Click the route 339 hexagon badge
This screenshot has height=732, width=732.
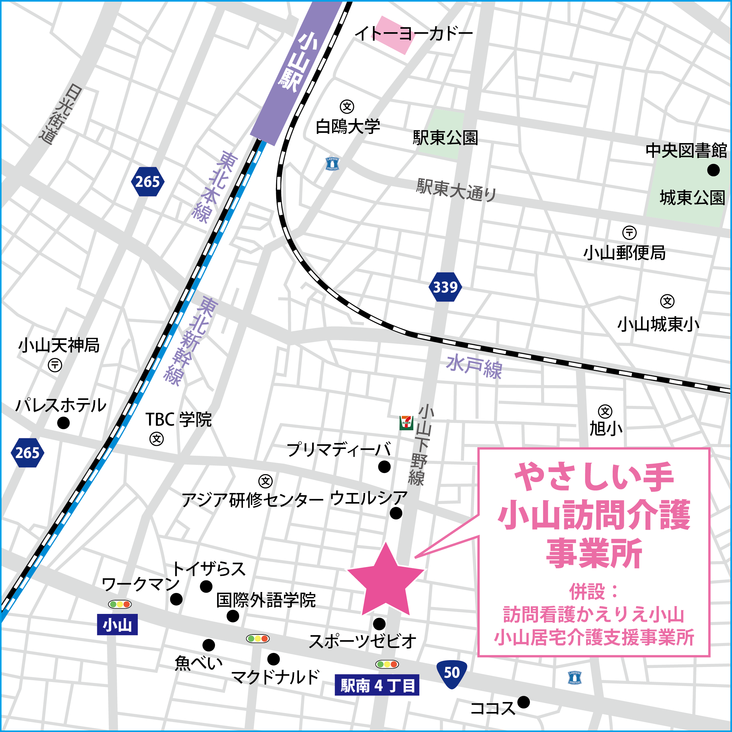point(445,287)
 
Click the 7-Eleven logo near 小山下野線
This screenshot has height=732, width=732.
point(406,423)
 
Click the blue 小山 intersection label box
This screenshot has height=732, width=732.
point(117,625)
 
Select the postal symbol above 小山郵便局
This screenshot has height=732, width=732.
point(629,232)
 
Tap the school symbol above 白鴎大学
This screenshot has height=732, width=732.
point(347,107)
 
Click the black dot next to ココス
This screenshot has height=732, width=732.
point(523,702)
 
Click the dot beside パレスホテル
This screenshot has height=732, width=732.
point(63,423)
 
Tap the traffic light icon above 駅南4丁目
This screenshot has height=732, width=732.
point(386,664)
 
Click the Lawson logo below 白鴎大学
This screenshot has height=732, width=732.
point(332,164)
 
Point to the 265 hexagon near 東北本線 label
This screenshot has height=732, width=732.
point(147,182)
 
